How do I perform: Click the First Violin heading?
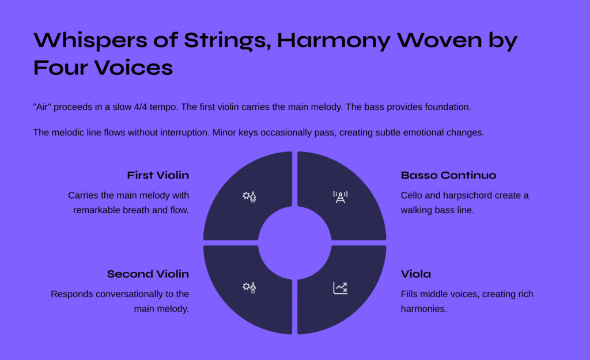tap(158, 175)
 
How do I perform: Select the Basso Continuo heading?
tap(448, 175)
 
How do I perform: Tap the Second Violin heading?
tap(148, 274)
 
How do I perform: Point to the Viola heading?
tap(416, 274)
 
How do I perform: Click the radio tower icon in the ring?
tap(340, 197)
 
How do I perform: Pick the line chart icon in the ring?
tap(340, 288)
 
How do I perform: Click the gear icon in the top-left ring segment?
tap(246, 195)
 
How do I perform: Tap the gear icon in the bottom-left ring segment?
tap(246, 286)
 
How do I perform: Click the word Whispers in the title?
tap(90, 41)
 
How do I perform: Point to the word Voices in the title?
tap(134, 68)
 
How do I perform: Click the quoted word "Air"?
tap(41, 107)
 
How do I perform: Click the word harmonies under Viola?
tap(423, 309)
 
